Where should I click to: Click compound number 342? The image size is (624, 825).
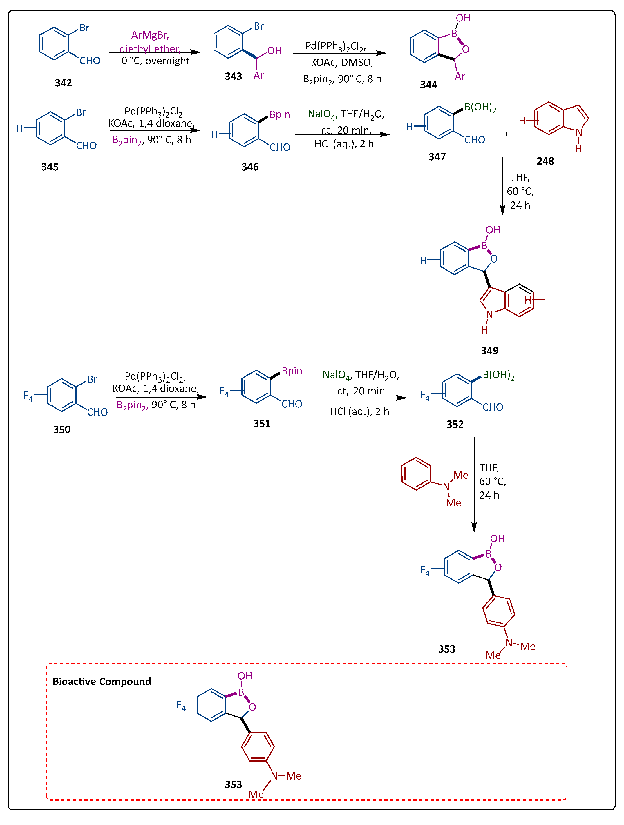64,83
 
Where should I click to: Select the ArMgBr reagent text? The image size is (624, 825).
150,35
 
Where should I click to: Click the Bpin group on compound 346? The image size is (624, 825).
280,114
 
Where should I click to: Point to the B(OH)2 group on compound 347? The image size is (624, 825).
480,108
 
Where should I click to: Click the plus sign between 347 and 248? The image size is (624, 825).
507,134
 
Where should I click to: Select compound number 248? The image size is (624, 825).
545,161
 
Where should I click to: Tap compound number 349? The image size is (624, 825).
490,351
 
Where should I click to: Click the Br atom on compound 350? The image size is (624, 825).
92,379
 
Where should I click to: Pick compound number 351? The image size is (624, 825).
262,423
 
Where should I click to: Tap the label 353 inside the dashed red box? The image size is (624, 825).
234,784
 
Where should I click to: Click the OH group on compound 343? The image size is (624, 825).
274,51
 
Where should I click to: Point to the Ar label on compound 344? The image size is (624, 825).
460,77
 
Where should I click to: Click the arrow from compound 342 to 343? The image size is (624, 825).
155,52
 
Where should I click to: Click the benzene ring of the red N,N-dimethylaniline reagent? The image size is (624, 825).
416,474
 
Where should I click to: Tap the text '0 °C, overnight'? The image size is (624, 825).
155,61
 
